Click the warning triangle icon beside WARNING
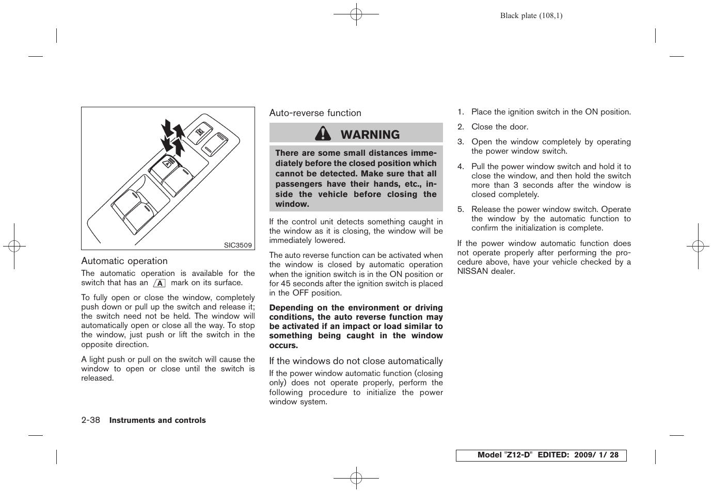tap(323, 134)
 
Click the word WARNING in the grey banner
tap(370, 135)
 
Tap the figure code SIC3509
tap(237, 245)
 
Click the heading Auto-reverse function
tap(315, 113)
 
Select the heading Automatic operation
tap(124, 261)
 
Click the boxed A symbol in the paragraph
tap(160, 283)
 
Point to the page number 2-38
tap(91, 420)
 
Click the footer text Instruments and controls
tap(157, 420)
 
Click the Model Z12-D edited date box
tap(541, 455)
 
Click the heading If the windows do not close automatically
tap(356, 361)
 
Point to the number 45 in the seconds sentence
tap(285, 284)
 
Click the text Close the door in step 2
tap(499, 127)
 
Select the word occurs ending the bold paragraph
tap(283, 346)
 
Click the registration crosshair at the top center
tap(356, 15)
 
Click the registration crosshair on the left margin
tap(14, 247)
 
